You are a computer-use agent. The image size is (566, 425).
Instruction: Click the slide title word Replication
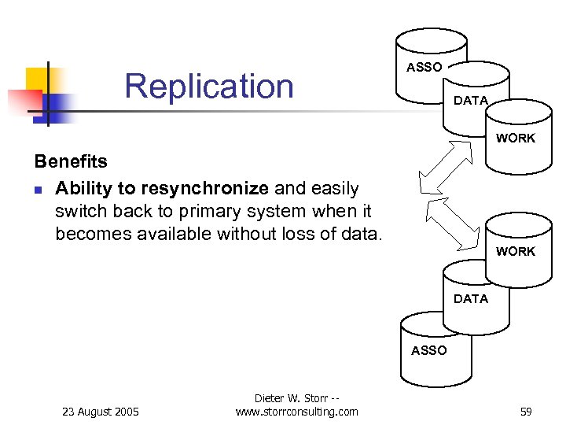click(x=208, y=86)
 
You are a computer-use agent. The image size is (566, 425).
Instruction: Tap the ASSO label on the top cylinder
click(x=424, y=68)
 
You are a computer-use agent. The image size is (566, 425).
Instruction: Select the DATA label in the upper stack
click(x=471, y=101)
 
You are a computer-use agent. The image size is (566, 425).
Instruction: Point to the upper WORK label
click(x=515, y=139)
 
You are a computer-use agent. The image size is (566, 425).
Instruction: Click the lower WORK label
click(x=515, y=252)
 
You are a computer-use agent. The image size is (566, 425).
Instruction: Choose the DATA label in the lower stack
click(x=471, y=299)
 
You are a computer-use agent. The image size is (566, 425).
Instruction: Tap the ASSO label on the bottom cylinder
click(x=428, y=350)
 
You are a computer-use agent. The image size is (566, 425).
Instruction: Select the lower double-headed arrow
click(x=452, y=223)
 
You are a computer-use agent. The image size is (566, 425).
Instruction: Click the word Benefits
click(x=71, y=161)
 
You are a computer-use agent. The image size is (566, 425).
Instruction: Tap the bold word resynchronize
click(x=205, y=189)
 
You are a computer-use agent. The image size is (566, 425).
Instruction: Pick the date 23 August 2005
click(x=100, y=412)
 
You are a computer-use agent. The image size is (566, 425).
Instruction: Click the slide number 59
click(x=526, y=412)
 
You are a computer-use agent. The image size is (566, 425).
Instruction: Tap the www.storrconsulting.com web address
click(x=296, y=412)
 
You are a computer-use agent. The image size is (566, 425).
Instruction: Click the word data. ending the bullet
click(x=362, y=234)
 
